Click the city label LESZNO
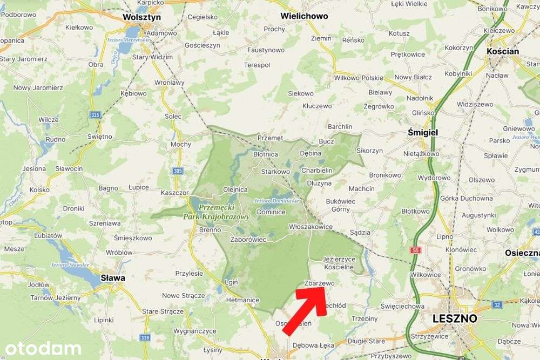[455, 318]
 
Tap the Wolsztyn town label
[142, 17]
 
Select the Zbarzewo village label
[320, 282]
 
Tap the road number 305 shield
[179, 171]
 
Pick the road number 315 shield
[96, 115]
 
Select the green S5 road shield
[415, 250]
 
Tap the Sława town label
[113, 278]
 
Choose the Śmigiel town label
[423, 132]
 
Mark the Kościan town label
[503, 51]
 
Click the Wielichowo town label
[304, 16]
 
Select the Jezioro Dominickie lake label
[276, 201]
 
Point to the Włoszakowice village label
[311, 227]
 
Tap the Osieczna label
[522, 253]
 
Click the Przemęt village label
[270, 138]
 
